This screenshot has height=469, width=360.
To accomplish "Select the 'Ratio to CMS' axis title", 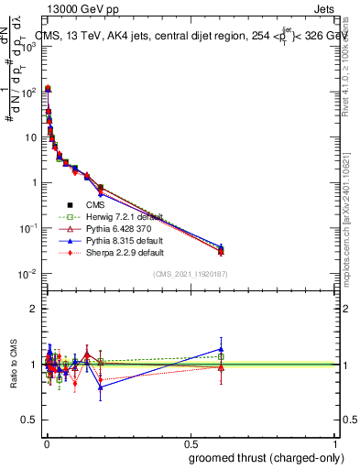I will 12,364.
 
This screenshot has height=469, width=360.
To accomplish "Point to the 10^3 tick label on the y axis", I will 29,47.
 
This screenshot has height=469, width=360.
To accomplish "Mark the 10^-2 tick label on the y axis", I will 29,274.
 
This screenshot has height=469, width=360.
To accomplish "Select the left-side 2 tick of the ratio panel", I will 35,309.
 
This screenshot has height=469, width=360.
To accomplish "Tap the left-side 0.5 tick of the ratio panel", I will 31,421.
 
